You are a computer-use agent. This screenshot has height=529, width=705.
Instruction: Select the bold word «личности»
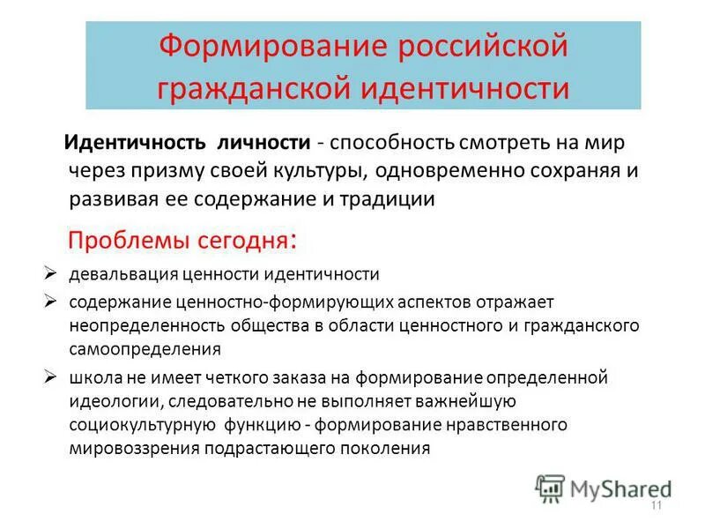(269, 143)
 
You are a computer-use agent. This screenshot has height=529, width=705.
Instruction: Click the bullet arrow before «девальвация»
(51, 272)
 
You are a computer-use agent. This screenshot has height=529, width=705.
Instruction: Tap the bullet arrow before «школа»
(51, 376)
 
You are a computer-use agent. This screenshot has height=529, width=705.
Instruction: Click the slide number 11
(656, 506)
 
